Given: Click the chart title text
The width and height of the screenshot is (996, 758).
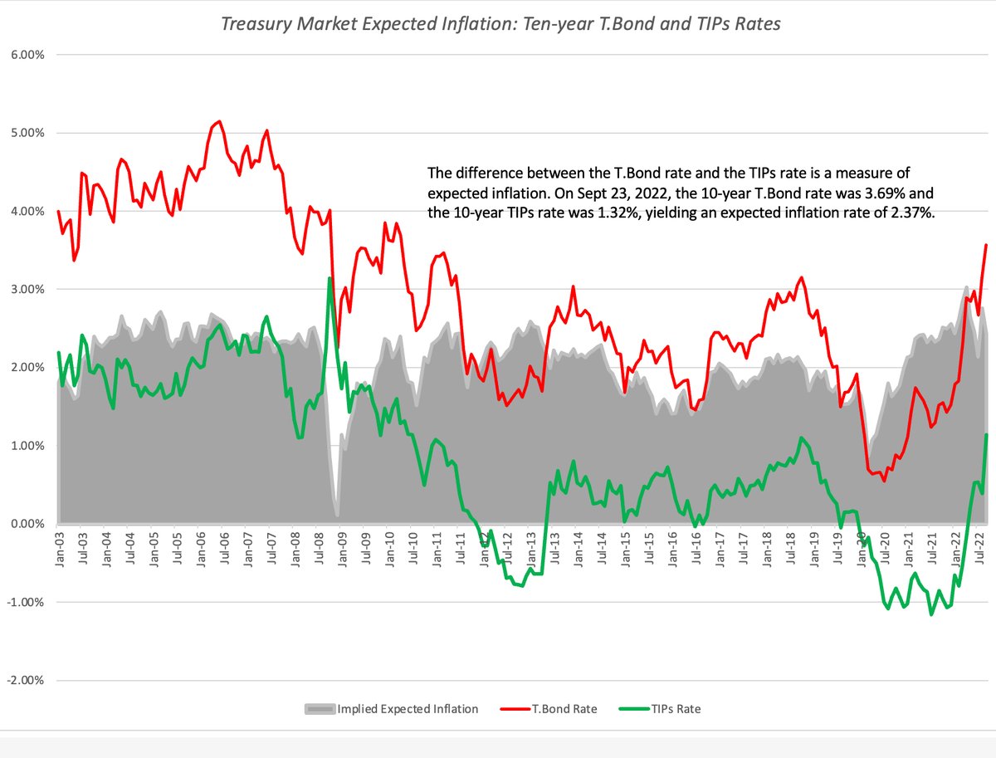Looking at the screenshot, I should (x=500, y=24).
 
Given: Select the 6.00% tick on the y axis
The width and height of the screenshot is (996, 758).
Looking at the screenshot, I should (x=27, y=55).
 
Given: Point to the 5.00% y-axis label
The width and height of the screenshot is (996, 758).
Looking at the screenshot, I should (x=27, y=133).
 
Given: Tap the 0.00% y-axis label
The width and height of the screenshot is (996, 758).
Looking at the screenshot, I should (x=27, y=524).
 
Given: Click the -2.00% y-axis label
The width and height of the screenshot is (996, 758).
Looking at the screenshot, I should (x=25, y=681).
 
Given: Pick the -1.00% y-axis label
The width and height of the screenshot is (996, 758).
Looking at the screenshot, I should (x=25, y=603).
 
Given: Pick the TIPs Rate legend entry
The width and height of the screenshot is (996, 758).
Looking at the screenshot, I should (x=674, y=709).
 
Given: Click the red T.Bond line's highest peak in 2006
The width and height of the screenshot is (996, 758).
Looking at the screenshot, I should (x=218, y=121).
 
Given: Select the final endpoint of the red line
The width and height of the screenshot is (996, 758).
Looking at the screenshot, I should (x=986, y=245).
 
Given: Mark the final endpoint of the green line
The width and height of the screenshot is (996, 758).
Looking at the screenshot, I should (x=986, y=435).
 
